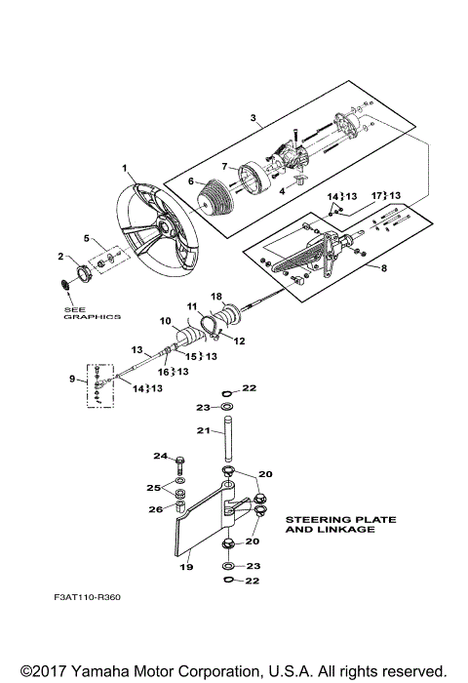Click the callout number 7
pos(223,166)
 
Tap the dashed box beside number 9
pos(100,384)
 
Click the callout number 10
pos(166,320)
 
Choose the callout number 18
pos(216,296)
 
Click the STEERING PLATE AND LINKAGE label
pos(340,525)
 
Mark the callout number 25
pos(155,487)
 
